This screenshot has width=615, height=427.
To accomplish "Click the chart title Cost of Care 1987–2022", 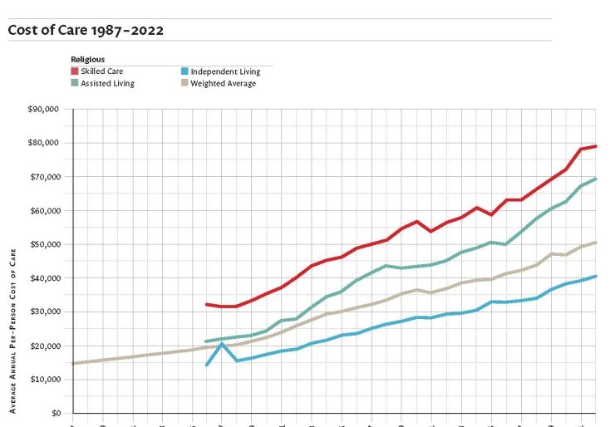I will coord(86,30).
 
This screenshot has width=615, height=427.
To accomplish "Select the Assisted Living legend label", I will coord(107,83).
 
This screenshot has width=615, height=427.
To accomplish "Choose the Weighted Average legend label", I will coord(223,83).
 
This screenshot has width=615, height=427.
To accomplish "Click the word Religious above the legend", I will coord(88,60).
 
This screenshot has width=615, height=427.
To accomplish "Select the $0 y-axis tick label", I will coord(56,413).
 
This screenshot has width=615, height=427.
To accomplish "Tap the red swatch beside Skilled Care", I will coord(75,71).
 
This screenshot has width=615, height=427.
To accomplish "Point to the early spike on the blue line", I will coord(222,344).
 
